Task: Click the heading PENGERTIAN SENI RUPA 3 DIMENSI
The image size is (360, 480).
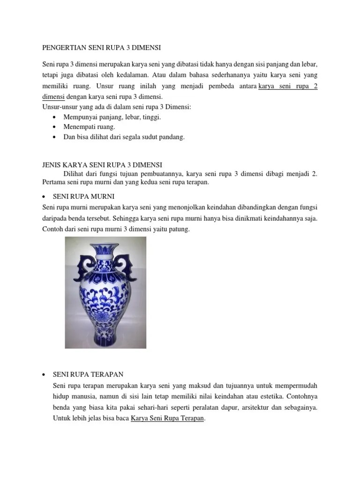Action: coord(101,47)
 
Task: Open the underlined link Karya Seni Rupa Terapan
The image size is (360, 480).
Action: coord(167,419)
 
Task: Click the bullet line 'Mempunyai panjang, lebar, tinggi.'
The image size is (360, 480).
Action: coord(107,117)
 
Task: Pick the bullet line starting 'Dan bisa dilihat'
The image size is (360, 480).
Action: coord(119,137)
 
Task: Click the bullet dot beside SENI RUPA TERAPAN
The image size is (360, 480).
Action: coord(44,374)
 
